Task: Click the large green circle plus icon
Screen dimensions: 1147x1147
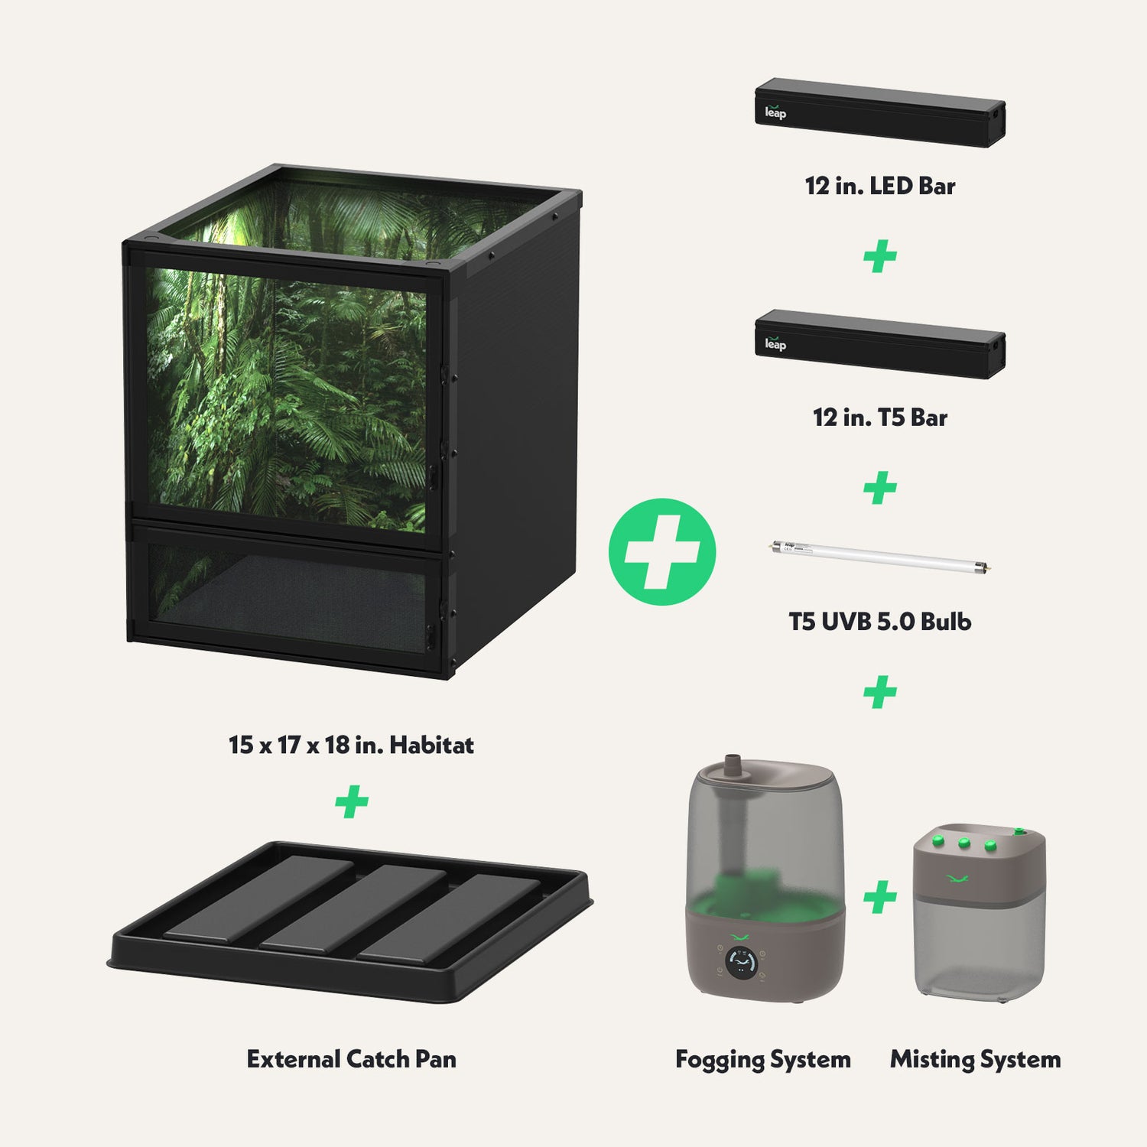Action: click(x=662, y=552)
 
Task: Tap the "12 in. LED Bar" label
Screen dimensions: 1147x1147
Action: click(x=880, y=186)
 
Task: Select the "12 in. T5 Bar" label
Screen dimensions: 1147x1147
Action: click(x=880, y=418)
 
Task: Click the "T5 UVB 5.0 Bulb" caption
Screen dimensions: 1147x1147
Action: click(x=880, y=621)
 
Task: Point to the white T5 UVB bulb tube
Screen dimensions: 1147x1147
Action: click(x=879, y=557)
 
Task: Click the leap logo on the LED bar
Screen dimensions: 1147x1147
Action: click(x=775, y=112)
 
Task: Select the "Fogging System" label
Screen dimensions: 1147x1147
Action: click(x=763, y=1059)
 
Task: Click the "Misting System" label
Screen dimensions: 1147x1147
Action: click(x=976, y=1059)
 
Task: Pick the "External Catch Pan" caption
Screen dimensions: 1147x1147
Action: click(x=352, y=1059)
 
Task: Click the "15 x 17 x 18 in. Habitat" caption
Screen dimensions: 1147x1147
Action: click(x=352, y=745)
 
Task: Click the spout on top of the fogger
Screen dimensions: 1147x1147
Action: click(x=734, y=765)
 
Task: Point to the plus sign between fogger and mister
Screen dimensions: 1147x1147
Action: click(x=880, y=897)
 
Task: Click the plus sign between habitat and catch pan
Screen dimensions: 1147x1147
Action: click(x=352, y=801)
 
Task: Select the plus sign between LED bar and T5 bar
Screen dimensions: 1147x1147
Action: click(x=880, y=256)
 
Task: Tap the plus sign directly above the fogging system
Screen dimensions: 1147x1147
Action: click(x=880, y=691)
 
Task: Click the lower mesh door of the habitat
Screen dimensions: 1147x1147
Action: click(x=287, y=596)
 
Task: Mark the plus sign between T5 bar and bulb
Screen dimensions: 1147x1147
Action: click(x=880, y=488)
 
